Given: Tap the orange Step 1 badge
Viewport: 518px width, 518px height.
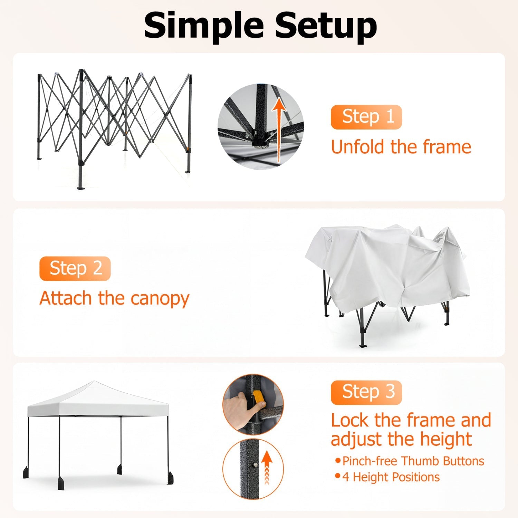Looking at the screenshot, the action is (x=366, y=117).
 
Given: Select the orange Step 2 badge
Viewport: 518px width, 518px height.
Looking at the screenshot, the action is (x=75, y=269).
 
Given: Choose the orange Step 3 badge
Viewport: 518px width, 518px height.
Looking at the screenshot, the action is (x=366, y=392).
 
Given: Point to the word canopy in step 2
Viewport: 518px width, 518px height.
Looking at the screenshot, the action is (x=160, y=299).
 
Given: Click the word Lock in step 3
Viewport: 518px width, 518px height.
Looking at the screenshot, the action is (x=350, y=420).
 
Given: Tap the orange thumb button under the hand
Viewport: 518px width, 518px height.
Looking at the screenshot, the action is (x=259, y=400).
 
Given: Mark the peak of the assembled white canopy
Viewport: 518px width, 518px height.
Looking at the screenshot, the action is (x=94, y=381).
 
